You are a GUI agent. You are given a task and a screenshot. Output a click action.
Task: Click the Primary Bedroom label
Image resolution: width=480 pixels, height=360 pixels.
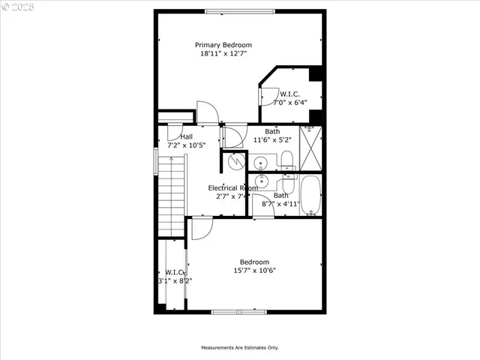pyautogui.click(x=223, y=45)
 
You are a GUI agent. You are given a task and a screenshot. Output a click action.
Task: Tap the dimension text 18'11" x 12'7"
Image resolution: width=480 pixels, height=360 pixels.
pyautogui.click(x=223, y=54)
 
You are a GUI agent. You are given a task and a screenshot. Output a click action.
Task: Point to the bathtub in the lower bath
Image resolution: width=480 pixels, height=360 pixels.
pyautogui.click(x=310, y=195)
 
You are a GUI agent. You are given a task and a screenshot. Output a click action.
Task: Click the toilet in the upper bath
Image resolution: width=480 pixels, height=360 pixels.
pyautogui.click(x=286, y=158)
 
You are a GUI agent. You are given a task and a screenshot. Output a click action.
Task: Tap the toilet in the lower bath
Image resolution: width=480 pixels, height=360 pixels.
pyautogui.click(x=286, y=185)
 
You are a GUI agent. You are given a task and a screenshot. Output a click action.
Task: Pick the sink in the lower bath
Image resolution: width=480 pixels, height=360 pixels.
pyautogui.click(x=261, y=181)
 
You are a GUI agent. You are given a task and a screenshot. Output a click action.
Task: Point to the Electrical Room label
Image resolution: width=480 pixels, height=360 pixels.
pyautogui.click(x=232, y=188)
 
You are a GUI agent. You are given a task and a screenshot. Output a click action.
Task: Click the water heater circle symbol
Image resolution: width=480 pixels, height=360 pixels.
pyautogui.click(x=235, y=161)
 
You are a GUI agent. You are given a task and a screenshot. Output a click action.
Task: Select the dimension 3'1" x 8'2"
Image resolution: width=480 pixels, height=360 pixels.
pyautogui.click(x=175, y=280)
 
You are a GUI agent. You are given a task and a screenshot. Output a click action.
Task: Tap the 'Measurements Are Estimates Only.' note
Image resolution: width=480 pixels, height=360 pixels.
pyautogui.click(x=239, y=347)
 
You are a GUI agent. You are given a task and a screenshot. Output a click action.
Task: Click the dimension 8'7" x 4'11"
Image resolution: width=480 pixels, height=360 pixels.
pyautogui.click(x=280, y=203)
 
